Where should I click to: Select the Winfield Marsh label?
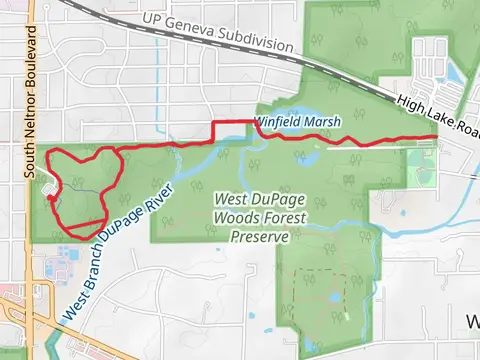[297, 121]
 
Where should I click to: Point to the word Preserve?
[259, 237]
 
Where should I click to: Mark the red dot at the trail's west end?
[50, 196]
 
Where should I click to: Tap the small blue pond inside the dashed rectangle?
[330, 299]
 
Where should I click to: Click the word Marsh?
[323, 121]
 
